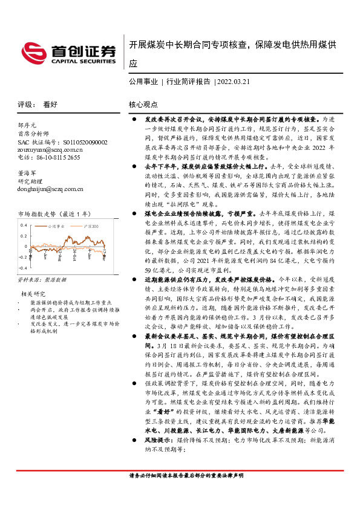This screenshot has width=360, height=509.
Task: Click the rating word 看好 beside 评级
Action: [x=50, y=104]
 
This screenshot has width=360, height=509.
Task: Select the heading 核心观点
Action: [x=143, y=104]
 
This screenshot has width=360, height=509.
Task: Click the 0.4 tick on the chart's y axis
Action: [x=24, y=225]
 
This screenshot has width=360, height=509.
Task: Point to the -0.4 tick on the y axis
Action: [x=23, y=267]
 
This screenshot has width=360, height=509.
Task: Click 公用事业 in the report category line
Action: [x=143, y=81]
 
